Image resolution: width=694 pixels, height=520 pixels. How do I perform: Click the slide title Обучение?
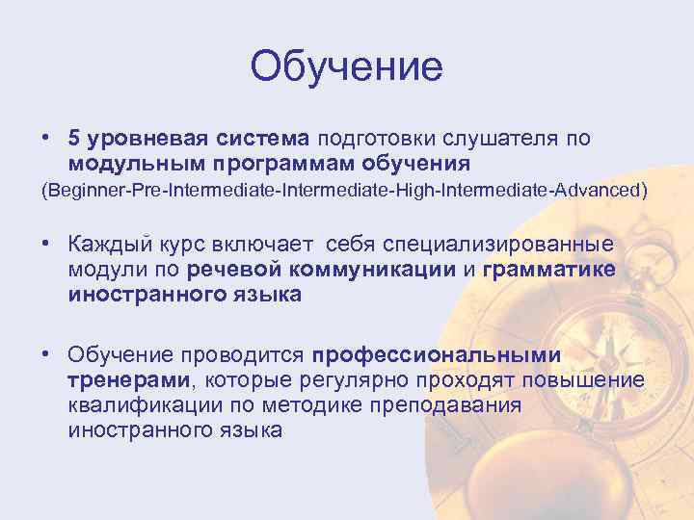[x=346, y=67]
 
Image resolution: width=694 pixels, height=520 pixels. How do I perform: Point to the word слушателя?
[x=496, y=139]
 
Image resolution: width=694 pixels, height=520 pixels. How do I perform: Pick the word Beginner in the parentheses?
[x=81, y=191]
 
